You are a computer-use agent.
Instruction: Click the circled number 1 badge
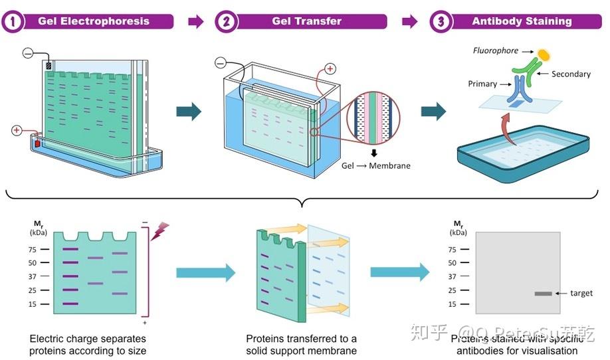[x=13, y=21]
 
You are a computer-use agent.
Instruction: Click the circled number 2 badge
[x=227, y=21]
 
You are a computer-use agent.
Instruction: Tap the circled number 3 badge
[x=441, y=21]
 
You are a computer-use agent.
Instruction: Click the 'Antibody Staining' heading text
[x=522, y=21]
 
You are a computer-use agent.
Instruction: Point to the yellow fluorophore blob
[x=544, y=54]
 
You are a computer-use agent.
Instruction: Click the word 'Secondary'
[x=571, y=74]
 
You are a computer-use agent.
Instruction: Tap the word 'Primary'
[x=482, y=84]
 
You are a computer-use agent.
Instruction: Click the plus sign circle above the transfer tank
[x=330, y=69]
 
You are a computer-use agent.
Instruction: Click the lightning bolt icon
[x=160, y=230]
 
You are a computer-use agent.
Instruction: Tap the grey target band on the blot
[x=543, y=294]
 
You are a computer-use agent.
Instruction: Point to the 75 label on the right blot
[x=452, y=250]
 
